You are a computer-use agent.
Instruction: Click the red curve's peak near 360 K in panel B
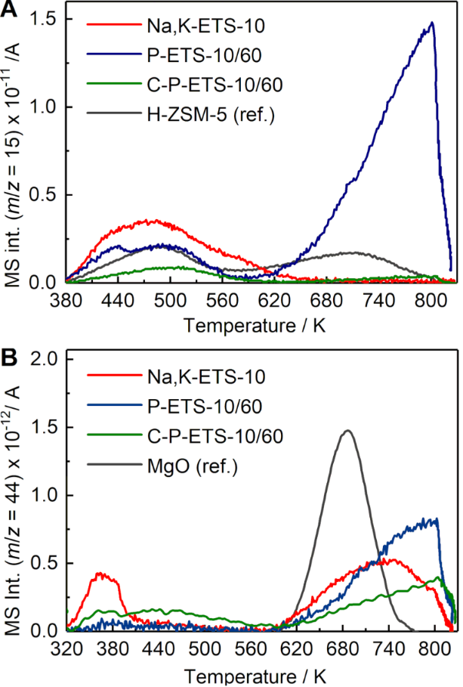point(104,574)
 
